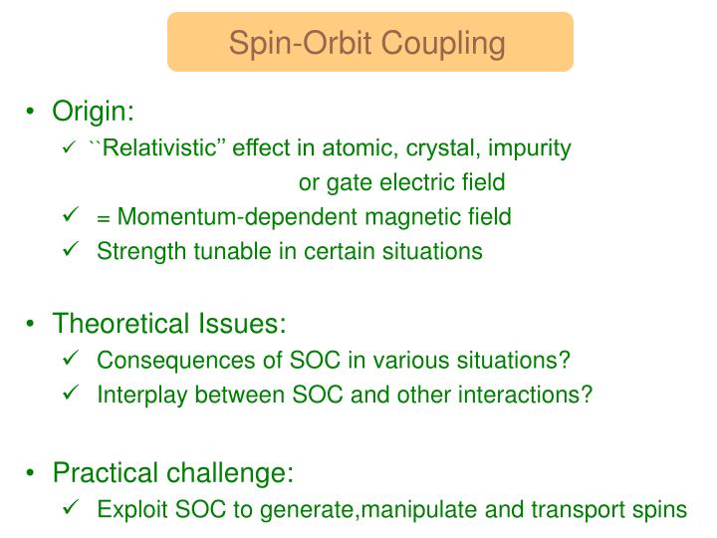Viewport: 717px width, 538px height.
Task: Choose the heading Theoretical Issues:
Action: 169,324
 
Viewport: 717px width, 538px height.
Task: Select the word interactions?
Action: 534,395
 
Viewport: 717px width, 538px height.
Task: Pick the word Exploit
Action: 126,510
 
